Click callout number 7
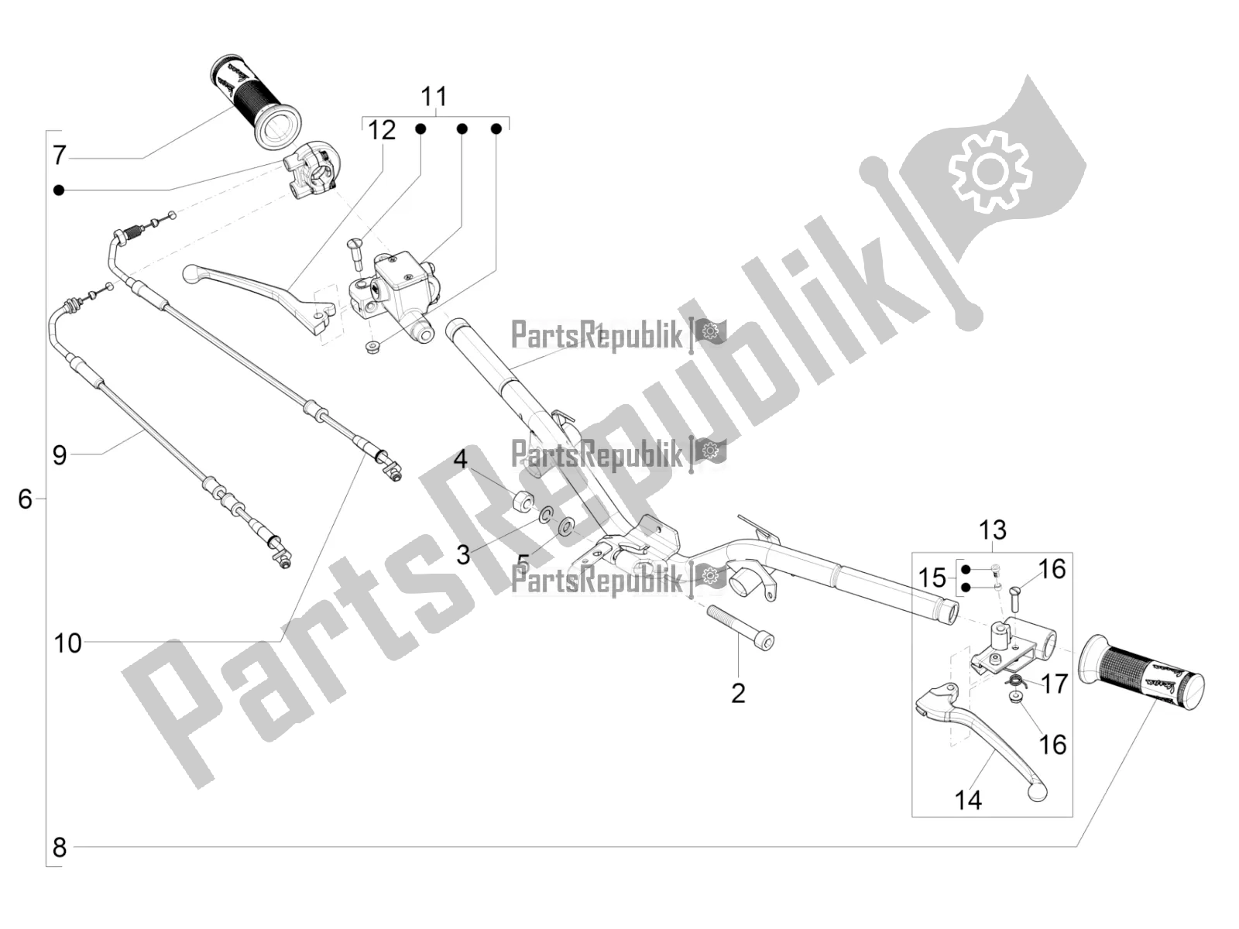(60, 155)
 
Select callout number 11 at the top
(434, 97)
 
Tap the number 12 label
(381, 130)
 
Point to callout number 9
(60, 454)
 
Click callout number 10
(67, 643)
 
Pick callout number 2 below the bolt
(738, 692)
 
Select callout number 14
(968, 800)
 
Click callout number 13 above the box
(992, 530)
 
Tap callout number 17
(1055, 684)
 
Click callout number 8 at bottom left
(60, 847)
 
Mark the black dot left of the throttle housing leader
(58, 190)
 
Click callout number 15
(932, 577)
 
